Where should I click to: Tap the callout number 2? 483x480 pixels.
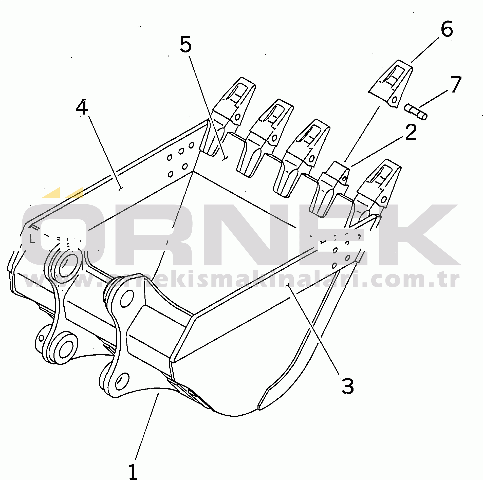point(411,132)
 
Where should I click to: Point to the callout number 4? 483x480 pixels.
point(82,107)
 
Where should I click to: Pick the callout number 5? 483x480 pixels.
point(186,45)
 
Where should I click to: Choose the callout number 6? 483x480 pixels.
point(447,29)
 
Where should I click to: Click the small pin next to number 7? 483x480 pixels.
point(416,112)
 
